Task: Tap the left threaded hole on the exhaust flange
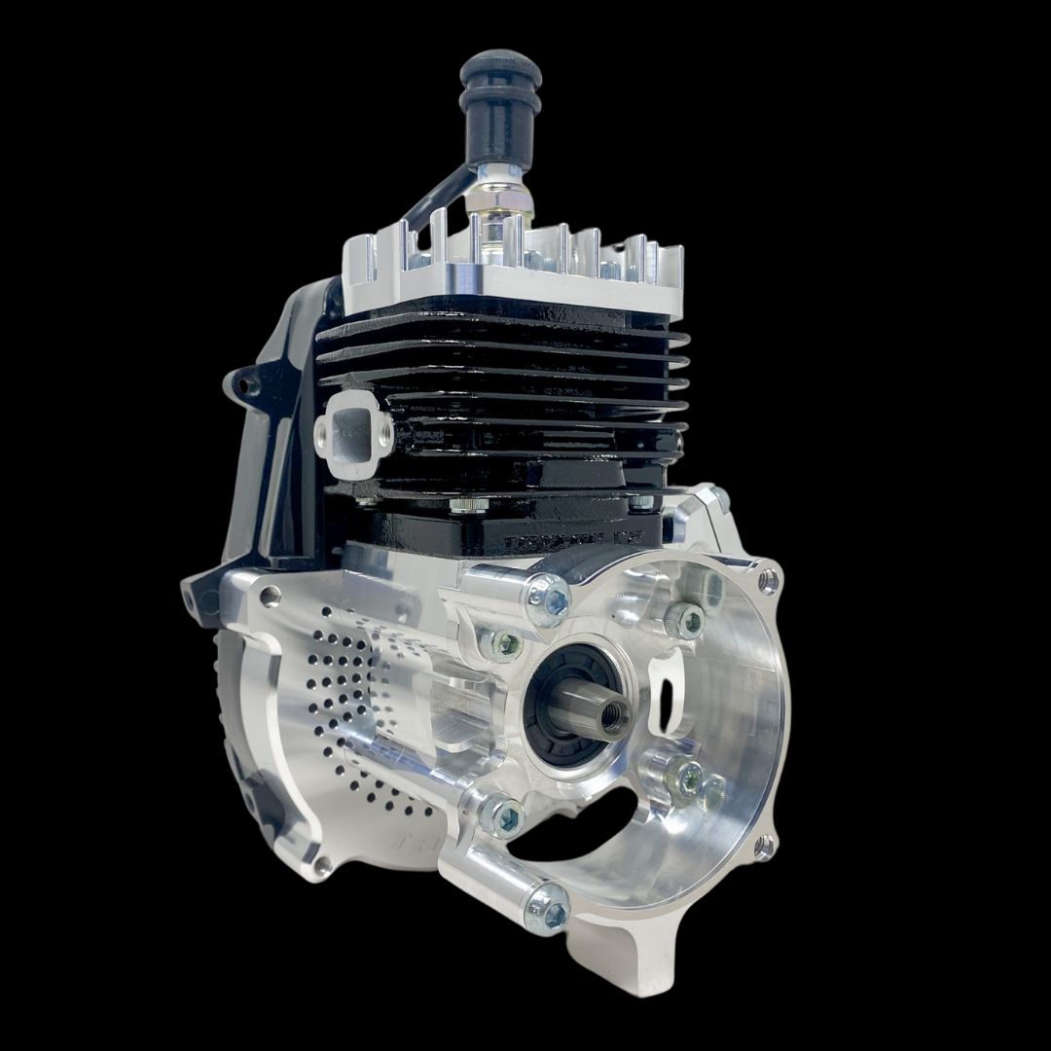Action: point(324,429)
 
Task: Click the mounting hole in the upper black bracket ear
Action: point(251,387)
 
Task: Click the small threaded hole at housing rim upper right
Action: point(769,583)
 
